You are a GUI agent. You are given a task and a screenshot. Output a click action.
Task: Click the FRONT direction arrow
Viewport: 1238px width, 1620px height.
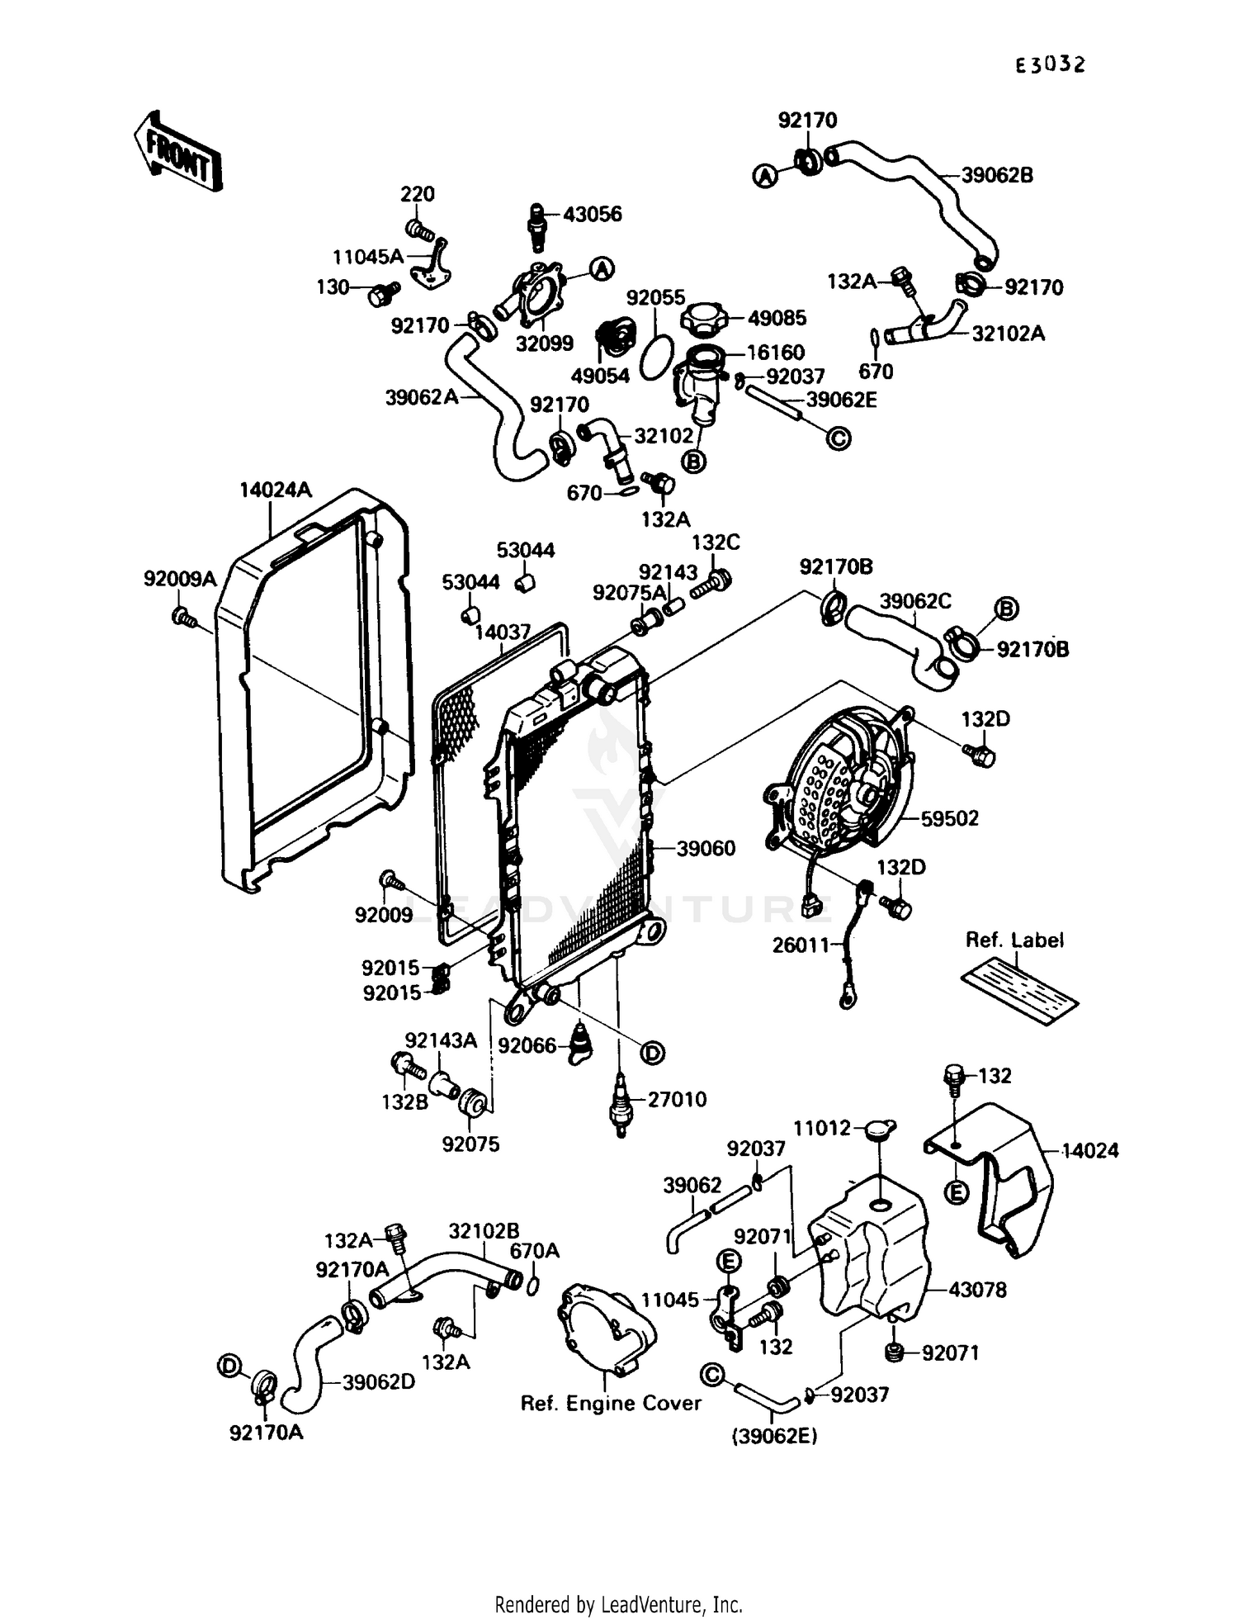pyautogui.click(x=177, y=152)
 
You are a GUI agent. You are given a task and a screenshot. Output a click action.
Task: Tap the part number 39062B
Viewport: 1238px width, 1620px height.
pyautogui.click(x=997, y=176)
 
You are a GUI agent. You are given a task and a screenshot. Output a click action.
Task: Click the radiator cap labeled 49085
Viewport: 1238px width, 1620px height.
pyautogui.click(x=703, y=318)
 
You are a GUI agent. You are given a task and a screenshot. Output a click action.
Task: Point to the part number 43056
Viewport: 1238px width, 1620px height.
pyautogui.click(x=593, y=215)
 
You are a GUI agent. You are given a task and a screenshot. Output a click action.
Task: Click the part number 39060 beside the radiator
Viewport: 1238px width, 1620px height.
pyautogui.click(x=706, y=849)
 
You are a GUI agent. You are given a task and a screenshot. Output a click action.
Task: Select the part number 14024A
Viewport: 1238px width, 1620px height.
pyautogui.click(x=276, y=490)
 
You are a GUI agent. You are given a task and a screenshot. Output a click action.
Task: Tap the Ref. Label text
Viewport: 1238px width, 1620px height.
pyautogui.click(x=1014, y=940)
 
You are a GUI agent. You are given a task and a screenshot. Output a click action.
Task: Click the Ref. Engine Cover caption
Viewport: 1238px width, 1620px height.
pyautogui.click(x=610, y=1404)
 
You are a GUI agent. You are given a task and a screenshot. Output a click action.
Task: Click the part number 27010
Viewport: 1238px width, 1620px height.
pyautogui.click(x=677, y=1100)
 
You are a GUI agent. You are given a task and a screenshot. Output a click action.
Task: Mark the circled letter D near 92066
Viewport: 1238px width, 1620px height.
pyautogui.click(x=652, y=1053)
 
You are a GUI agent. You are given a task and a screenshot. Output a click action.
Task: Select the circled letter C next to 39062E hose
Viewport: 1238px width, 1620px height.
pyautogui.click(x=838, y=438)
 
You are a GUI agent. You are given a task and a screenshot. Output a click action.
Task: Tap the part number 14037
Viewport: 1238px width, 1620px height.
pyautogui.click(x=503, y=633)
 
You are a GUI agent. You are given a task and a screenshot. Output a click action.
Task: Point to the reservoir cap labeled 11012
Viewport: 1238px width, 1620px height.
pyautogui.click(x=880, y=1130)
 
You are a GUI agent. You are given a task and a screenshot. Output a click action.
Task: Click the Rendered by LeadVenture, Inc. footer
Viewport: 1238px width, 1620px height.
pyautogui.click(x=618, y=1604)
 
